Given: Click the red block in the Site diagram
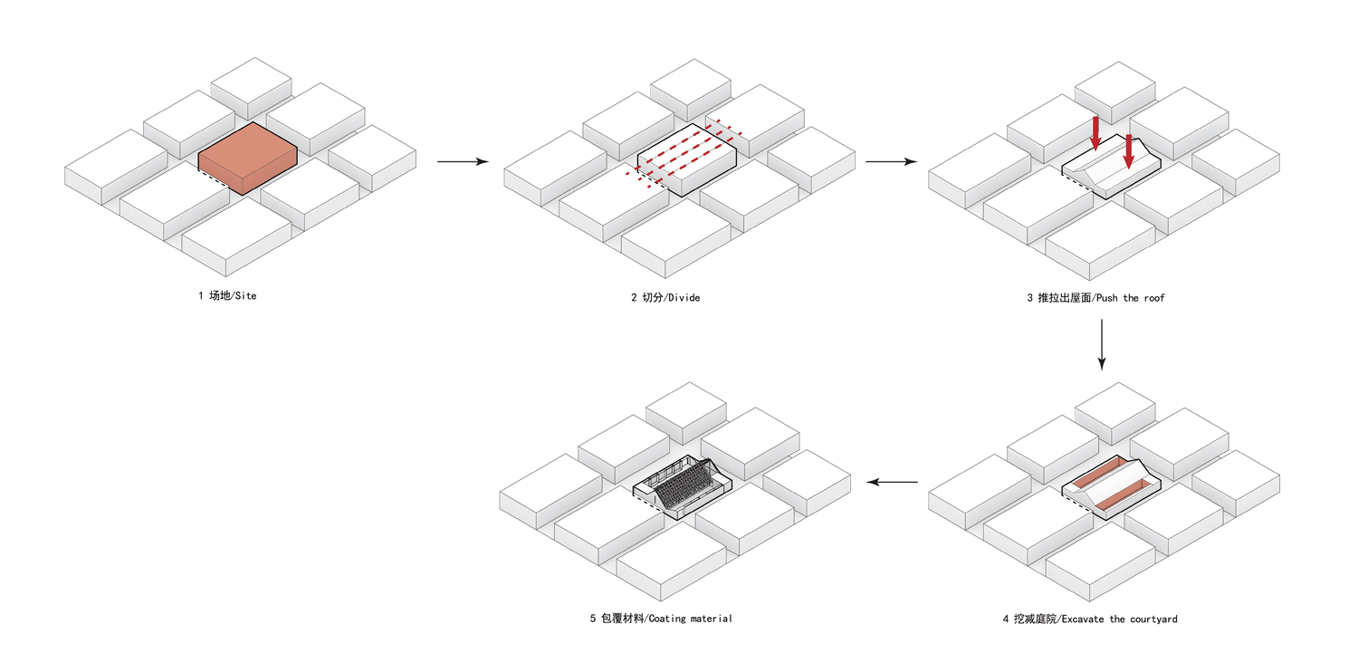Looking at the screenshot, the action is [247, 159].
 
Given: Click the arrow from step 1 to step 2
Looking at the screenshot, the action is [463, 161].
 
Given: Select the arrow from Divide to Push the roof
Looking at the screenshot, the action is [891, 161].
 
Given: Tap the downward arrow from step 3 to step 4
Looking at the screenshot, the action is [1102, 344].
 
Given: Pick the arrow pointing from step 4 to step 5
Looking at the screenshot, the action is [892, 482].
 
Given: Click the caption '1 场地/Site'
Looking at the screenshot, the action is [227, 296].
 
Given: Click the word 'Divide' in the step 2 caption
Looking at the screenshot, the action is [684, 298].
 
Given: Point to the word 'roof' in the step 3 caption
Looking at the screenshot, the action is [1154, 298].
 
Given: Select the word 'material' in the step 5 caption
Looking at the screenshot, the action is [711, 619].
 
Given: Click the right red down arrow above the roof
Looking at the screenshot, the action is [1128, 151].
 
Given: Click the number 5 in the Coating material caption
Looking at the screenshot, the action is [592, 619].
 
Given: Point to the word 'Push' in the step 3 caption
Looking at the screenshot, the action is [1106, 298].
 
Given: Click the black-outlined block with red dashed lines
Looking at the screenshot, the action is [687, 159].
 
